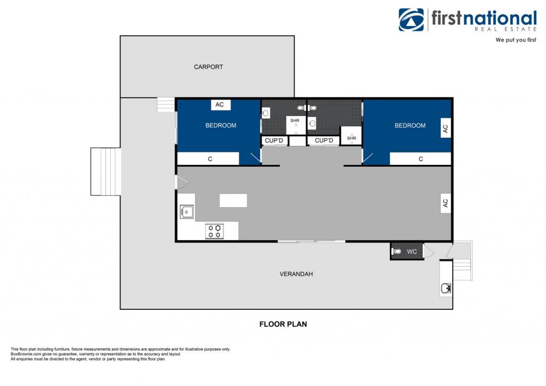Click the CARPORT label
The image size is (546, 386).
click(208, 67)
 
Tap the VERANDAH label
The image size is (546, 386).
click(296, 274)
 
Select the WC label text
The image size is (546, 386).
click(412, 251)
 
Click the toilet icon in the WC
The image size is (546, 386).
click(397, 251)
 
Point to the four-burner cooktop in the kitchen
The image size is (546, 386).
click(214, 231)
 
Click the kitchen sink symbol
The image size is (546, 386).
click(187, 212)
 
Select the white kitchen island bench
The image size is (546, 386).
click(234, 201)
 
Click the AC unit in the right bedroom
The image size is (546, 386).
click(445, 128)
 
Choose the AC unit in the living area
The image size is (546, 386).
click(445, 203)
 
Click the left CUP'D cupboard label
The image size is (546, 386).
click(275, 141)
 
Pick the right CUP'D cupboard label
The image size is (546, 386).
click(324, 141)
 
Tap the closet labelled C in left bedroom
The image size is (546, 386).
click(208, 159)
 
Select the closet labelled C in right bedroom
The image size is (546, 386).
click(420, 159)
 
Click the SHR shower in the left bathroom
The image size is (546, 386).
click(296, 125)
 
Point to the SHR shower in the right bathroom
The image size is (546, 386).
click(351, 136)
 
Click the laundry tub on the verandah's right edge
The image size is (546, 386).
click(445, 288)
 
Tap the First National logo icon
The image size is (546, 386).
click(411, 20)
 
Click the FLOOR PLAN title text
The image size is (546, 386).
click(283, 324)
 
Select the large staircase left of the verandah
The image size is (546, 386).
click(106, 171)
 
